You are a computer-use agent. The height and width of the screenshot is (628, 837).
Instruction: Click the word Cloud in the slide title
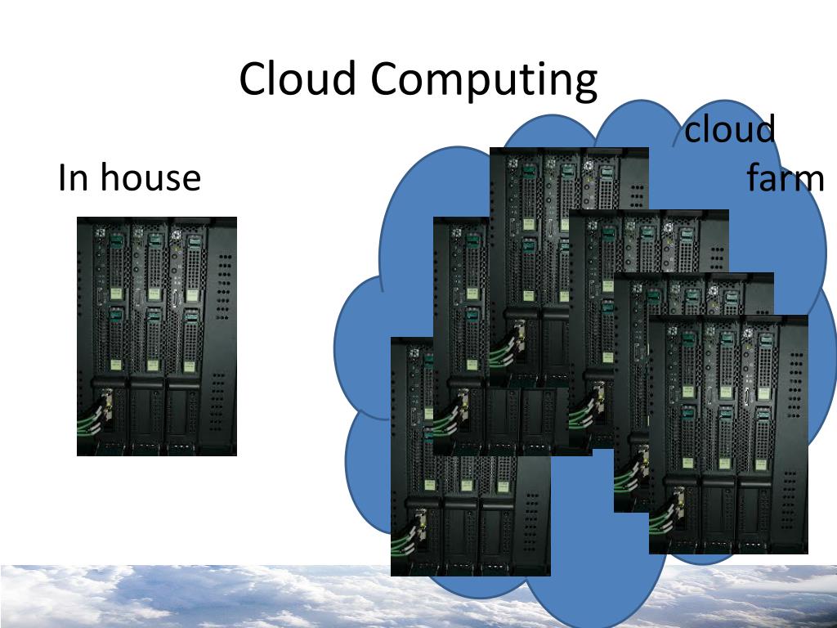pyautogui.click(x=299, y=79)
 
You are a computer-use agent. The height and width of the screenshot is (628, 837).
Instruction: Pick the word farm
pyautogui.click(x=786, y=179)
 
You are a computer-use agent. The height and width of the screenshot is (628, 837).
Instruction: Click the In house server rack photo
pyautogui.click(x=157, y=335)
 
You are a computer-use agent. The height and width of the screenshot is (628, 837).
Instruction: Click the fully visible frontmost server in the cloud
pyautogui.click(x=728, y=433)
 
